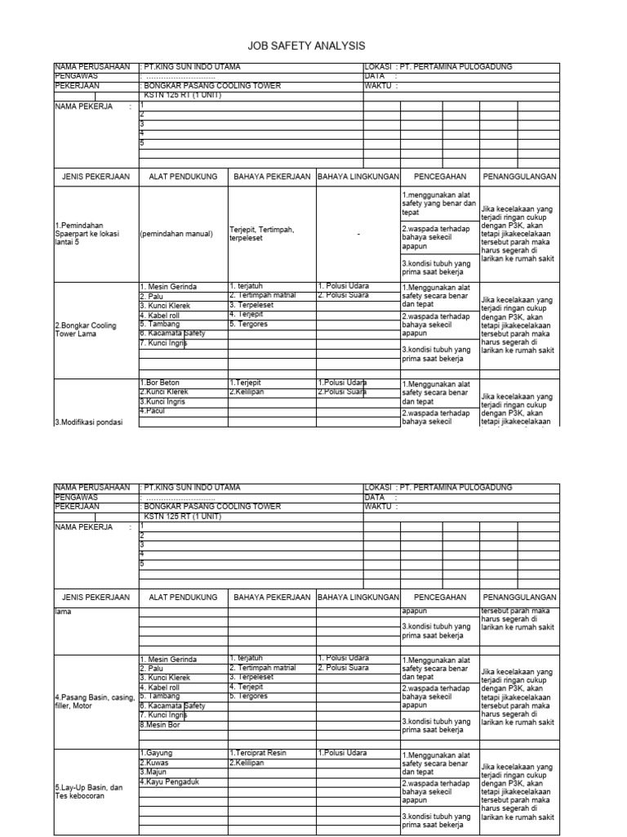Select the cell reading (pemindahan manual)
pyautogui.click(x=176, y=234)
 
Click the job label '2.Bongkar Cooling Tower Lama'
pyautogui.click(x=86, y=329)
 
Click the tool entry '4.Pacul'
pyautogui.click(x=153, y=410)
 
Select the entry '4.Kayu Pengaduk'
pyautogui.click(x=169, y=781)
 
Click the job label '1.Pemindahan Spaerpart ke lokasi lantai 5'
pyautogui.click(x=87, y=234)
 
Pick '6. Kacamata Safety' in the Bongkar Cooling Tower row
pyautogui.click(x=172, y=333)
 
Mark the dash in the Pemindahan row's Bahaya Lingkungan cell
pyautogui.click(x=358, y=234)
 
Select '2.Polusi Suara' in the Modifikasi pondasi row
pyautogui.click(x=342, y=392)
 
